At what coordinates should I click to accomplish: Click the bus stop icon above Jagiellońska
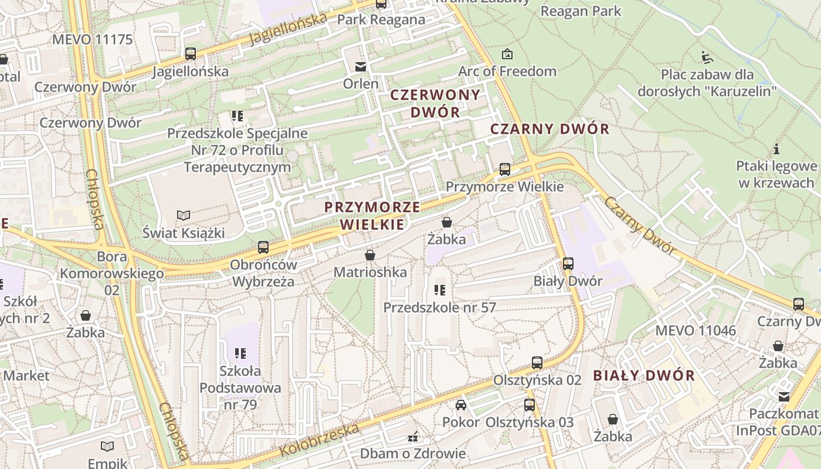point(190,54)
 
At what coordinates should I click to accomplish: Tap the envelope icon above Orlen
point(361,67)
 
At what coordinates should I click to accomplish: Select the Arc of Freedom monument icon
point(507,55)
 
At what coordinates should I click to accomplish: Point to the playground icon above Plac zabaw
point(707,57)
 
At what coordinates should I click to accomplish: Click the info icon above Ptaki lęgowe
point(776,149)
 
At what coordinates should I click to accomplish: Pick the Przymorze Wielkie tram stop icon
point(505,170)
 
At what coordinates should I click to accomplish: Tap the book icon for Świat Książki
point(184,216)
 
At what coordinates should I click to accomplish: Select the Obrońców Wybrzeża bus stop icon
point(263,247)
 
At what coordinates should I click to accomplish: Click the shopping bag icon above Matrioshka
point(370,255)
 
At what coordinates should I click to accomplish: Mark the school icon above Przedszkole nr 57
point(440,290)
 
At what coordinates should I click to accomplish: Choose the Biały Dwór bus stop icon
point(568,264)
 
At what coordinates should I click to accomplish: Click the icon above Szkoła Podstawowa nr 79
point(240,353)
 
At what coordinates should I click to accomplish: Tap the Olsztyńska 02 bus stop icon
point(537,362)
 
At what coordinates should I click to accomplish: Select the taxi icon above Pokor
point(461,405)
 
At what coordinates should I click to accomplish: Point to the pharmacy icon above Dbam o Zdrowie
point(413,436)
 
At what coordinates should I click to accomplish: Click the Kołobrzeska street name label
point(320,440)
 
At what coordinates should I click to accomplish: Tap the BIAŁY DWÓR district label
point(644,376)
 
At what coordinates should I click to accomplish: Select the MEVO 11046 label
point(695,330)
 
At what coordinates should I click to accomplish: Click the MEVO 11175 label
point(93,40)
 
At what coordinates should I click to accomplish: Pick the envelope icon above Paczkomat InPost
point(783,397)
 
